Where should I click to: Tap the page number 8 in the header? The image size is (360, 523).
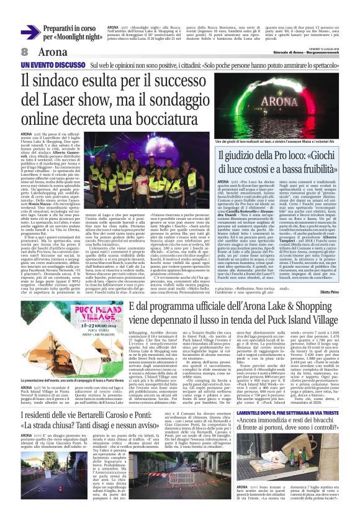[24, 52]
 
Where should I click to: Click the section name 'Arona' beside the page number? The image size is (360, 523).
[55, 52]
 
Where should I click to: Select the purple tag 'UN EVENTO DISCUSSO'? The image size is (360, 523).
[43, 65]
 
